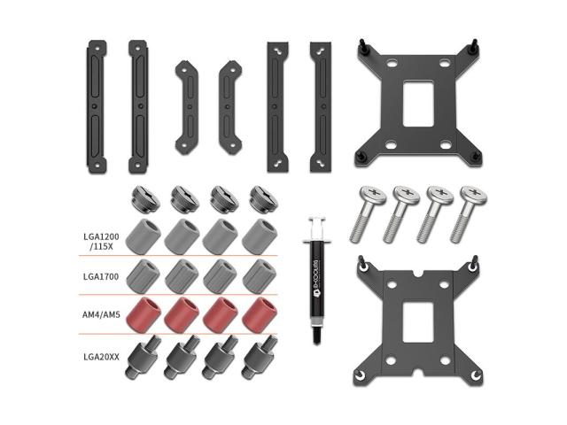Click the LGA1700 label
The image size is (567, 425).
click(101, 277)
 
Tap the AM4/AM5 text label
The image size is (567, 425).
click(101, 315)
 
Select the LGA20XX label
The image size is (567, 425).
click(101, 357)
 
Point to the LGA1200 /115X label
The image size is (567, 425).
click(101, 242)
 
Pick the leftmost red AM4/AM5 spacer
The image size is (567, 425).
click(144, 313)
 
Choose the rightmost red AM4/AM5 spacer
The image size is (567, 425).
click(260, 314)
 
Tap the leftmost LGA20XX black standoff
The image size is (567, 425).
click(144, 357)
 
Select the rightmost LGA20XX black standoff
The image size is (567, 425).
click(260, 357)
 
